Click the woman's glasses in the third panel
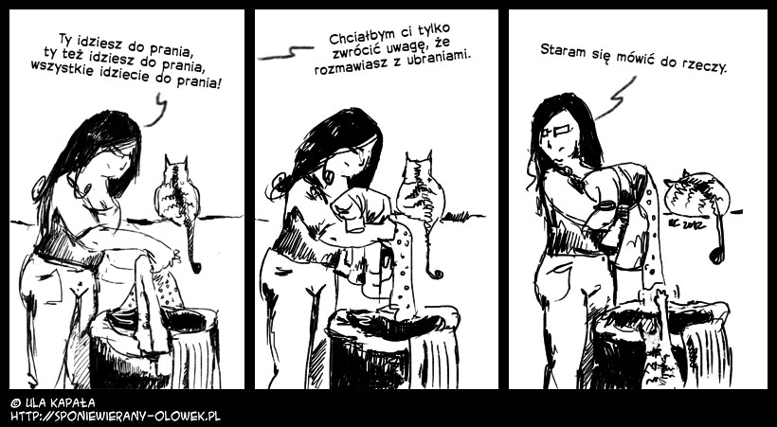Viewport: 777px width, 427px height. click(558, 131)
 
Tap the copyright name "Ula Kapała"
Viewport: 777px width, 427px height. click(52, 402)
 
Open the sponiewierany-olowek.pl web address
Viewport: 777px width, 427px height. click(116, 416)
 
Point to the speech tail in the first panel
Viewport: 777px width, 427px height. click(157, 111)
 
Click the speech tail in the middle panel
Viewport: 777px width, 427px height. click(286, 53)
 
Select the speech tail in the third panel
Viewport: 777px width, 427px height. click(616, 99)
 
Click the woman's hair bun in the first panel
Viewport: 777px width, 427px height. click(39, 188)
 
